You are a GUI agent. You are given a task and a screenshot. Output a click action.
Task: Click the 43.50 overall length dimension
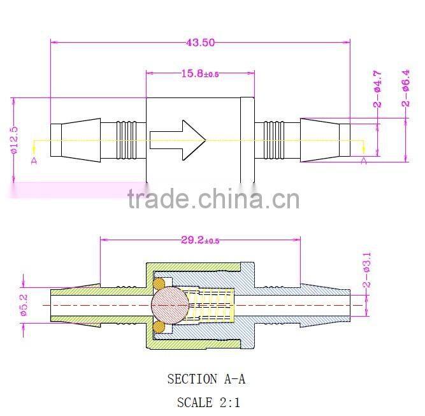click(200, 43)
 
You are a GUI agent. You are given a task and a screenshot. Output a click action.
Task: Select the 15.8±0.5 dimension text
click(199, 74)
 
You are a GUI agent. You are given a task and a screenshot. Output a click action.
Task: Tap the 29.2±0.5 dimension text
click(200, 240)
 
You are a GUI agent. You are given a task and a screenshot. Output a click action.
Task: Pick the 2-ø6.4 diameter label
click(405, 89)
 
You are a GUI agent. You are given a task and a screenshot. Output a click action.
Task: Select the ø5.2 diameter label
click(24, 305)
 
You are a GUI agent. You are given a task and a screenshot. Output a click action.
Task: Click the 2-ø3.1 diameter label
click(366, 270)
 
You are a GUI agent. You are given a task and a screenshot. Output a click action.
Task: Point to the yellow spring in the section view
click(214, 304)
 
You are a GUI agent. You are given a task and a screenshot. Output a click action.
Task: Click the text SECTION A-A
click(206, 379)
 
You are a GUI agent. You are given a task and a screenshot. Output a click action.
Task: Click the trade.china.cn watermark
click(213, 199)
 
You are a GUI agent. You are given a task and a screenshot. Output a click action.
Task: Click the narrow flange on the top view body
click(245, 141)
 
